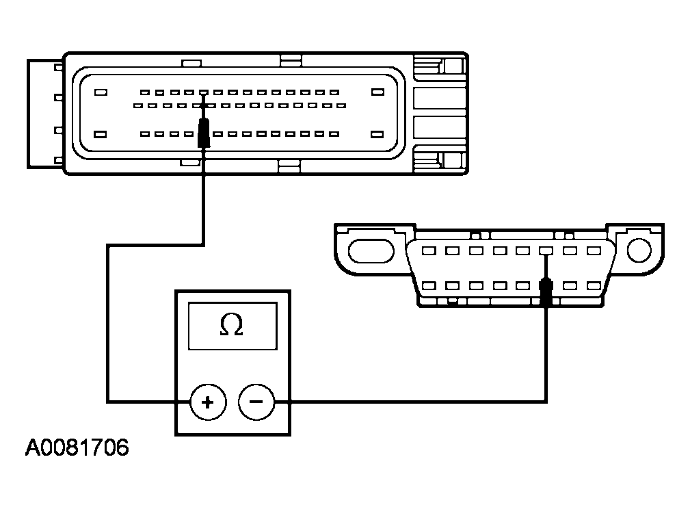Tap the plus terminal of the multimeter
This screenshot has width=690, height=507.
[x=207, y=402]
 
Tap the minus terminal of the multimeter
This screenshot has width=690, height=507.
[x=256, y=402]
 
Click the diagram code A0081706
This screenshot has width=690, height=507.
[x=77, y=449]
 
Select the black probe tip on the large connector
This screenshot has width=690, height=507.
[x=204, y=133]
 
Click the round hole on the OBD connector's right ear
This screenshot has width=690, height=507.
[x=639, y=250]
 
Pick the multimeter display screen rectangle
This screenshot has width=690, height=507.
[x=232, y=326]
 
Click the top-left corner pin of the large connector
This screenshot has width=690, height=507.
[x=101, y=92]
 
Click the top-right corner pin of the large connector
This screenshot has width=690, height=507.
[x=376, y=92]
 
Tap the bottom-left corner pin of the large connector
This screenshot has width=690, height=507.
[x=101, y=133]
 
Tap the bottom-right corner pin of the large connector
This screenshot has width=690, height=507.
[x=376, y=133]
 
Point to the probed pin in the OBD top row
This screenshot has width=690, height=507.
[x=546, y=251]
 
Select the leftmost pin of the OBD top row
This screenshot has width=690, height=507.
[x=429, y=251]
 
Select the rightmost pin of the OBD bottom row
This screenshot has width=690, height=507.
[x=593, y=285]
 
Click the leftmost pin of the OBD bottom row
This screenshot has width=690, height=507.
[x=429, y=285]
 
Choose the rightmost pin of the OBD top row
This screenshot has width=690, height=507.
[x=593, y=251]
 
